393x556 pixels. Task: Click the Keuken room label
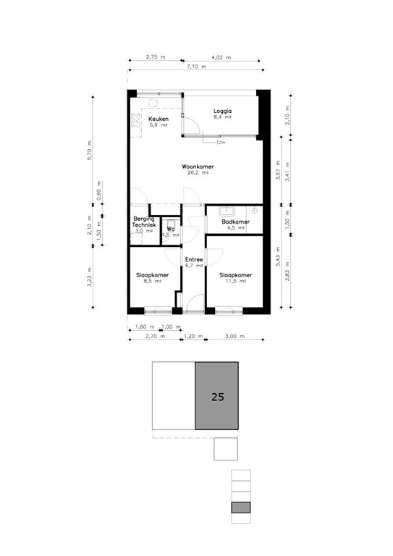(x=158, y=119)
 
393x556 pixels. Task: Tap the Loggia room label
(x=222, y=111)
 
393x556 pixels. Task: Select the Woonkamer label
(x=198, y=167)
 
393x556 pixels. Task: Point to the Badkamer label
(x=236, y=222)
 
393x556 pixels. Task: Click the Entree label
(x=193, y=260)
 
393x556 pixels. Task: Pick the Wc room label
(x=171, y=229)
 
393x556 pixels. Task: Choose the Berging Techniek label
(x=145, y=222)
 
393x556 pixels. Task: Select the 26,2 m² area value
(x=198, y=173)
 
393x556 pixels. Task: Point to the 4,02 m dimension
(x=221, y=56)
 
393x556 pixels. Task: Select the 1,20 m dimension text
(x=191, y=337)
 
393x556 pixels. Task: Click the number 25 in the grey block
(x=217, y=397)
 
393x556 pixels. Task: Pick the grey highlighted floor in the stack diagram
(x=241, y=507)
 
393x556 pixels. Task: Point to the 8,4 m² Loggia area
(x=222, y=117)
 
